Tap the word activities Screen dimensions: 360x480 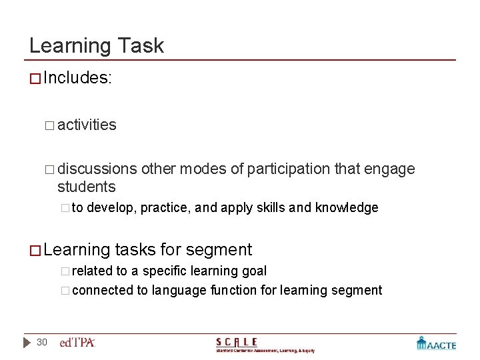87,125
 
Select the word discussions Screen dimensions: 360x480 97,169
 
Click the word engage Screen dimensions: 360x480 392,169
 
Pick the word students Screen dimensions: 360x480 86,187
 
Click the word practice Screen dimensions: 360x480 163,208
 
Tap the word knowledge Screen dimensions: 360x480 346,207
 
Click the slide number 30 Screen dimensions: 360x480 42,342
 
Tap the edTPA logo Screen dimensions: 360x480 77,343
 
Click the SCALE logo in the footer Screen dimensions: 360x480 265,344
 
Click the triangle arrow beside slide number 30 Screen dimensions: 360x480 27,342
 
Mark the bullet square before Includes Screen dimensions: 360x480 35,79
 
